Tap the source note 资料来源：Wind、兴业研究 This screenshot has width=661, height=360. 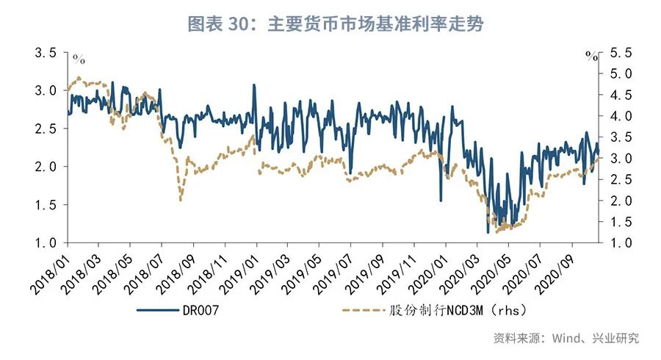tap(566, 338)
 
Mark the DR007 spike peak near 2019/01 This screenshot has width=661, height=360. tap(254, 84)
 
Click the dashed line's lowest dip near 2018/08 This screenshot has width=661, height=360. tap(180, 199)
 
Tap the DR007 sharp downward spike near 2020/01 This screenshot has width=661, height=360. tap(441, 200)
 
